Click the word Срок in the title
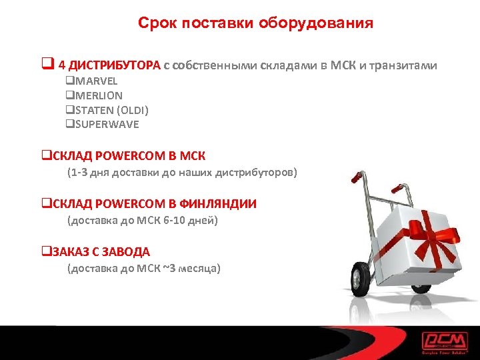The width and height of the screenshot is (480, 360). point(155,23)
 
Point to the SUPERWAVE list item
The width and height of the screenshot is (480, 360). point(105,124)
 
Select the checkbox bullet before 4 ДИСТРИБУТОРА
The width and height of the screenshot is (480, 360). point(47,65)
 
